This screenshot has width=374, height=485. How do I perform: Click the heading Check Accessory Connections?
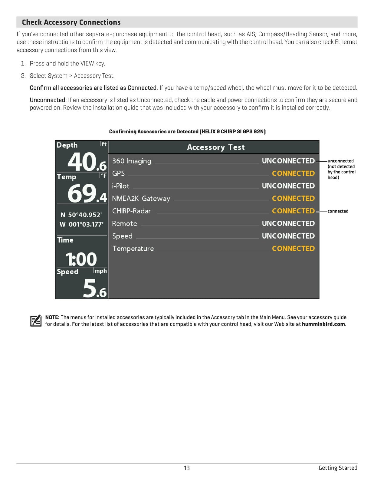tap(71, 22)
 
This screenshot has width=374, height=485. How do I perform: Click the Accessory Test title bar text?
tap(216, 147)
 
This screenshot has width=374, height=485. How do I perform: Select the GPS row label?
tap(118, 173)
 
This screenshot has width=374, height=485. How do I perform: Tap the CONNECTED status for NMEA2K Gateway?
tap(293, 199)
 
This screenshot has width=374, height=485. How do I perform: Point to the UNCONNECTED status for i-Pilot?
tap(288, 186)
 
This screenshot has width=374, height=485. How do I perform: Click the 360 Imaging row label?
tap(132, 161)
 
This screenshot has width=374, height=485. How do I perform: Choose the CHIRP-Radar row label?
tap(131, 211)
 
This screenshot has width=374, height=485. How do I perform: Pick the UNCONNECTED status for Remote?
tap(288, 223)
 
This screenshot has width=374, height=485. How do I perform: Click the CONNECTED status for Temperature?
tap(293, 249)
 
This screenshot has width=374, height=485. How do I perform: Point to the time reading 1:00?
tap(81, 259)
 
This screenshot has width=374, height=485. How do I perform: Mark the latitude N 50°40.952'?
tap(81, 215)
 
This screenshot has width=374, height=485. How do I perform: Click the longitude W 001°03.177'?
tap(81, 225)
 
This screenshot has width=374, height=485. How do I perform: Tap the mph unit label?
tap(100, 271)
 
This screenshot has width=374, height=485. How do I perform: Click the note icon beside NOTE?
tap(36, 321)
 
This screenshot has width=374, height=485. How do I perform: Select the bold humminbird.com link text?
tap(323, 324)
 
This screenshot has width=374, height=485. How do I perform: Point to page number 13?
tap(187, 468)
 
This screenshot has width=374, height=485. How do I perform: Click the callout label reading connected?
tap(338, 211)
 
